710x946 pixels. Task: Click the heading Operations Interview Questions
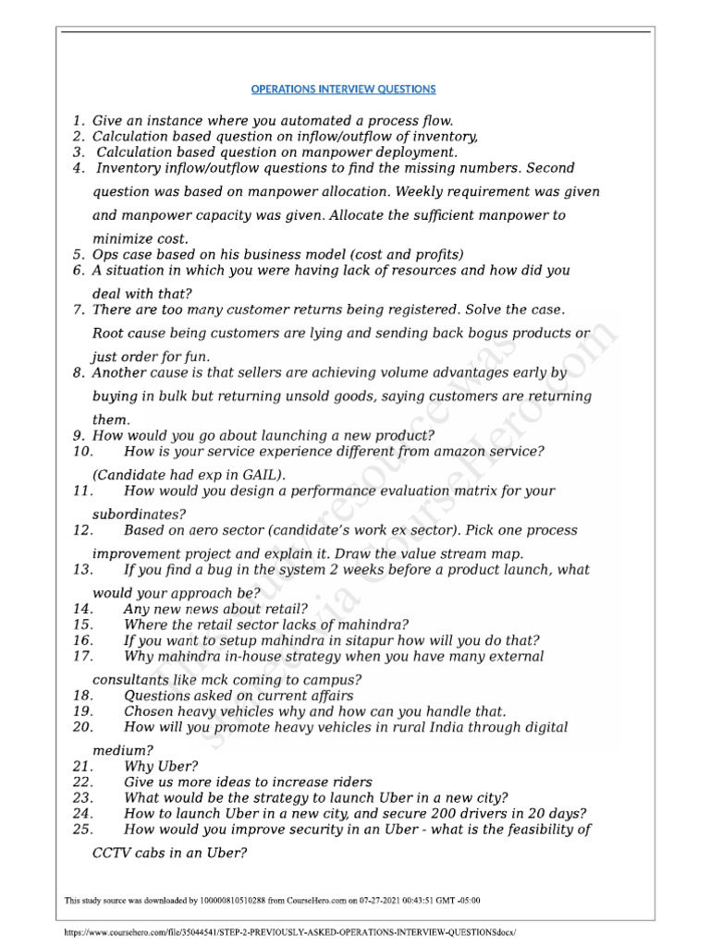[x=343, y=90]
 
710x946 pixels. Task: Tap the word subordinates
[x=139, y=514]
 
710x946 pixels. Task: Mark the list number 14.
[x=81, y=610]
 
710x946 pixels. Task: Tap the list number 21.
[x=81, y=767]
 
